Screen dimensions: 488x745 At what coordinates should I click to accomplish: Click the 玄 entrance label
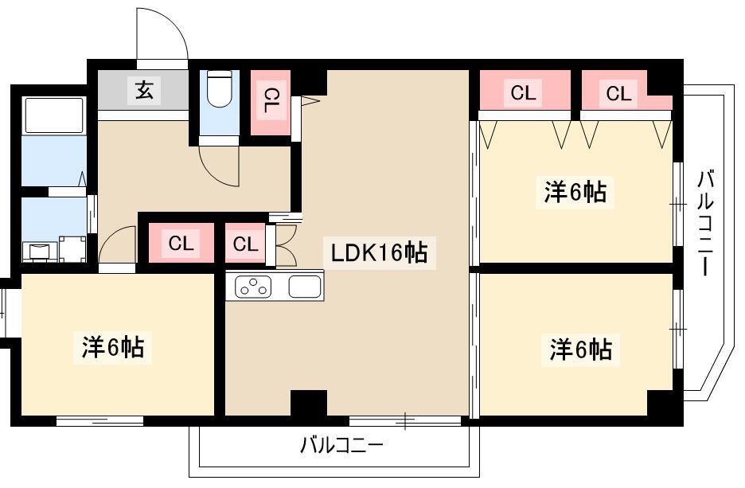pyautogui.click(x=144, y=91)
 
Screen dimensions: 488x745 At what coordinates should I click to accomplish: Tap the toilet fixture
pyautogui.click(x=218, y=89)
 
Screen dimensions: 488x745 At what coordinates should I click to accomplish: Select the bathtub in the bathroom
pyautogui.click(x=54, y=115)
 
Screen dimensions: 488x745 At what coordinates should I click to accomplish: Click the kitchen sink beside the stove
pyautogui.click(x=305, y=287)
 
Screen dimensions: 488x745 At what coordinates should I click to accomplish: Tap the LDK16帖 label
pyautogui.click(x=380, y=252)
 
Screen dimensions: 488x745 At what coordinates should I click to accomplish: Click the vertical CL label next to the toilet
pyautogui.click(x=271, y=102)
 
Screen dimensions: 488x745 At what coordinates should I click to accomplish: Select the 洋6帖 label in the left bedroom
pyautogui.click(x=113, y=347)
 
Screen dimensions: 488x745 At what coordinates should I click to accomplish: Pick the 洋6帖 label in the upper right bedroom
pyautogui.click(x=575, y=192)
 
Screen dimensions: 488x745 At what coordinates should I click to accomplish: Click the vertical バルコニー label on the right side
pyautogui.click(x=704, y=222)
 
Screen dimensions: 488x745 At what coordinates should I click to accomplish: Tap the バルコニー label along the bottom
pyautogui.click(x=341, y=445)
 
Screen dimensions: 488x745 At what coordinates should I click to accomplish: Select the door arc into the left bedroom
pyautogui.click(x=117, y=245)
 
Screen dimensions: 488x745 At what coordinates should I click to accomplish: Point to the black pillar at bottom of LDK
pyautogui.click(x=308, y=403)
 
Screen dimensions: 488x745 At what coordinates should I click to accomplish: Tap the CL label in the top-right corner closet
pyautogui.click(x=618, y=94)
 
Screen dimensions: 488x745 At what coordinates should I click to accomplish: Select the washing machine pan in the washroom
pyautogui.click(x=73, y=248)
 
